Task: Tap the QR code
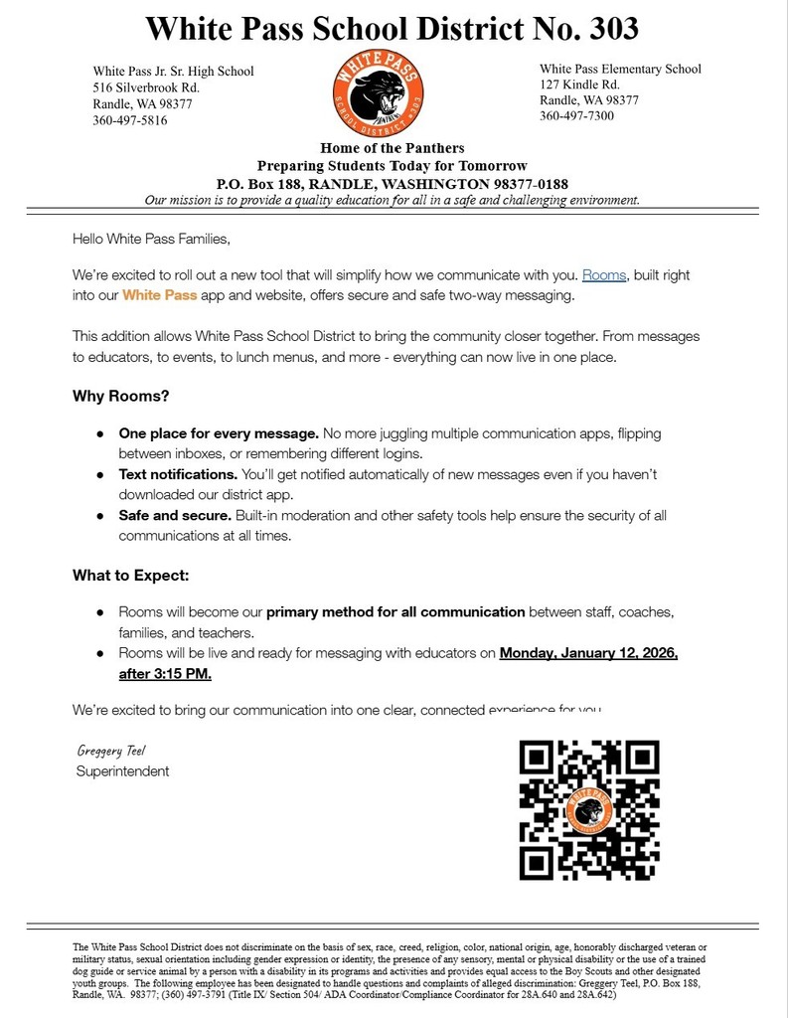tap(589, 809)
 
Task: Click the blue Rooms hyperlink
tap(603, 275)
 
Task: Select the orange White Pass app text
tap(159, 295)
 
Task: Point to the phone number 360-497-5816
tap(130, 120)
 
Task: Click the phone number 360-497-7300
tap(576, 115)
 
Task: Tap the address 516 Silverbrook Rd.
tap(146, 87)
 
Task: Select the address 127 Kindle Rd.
tap(579, 85)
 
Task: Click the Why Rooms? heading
tap(120, 396)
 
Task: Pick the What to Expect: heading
tap(130, 576)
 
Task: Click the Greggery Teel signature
tap(111, 751)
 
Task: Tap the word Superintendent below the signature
tap(122, 771)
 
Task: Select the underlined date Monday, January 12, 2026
tap(588, 653)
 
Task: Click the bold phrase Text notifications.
tap(178, 474)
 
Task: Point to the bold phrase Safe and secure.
tap(175, 515)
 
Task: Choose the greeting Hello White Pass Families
tap(151, 239)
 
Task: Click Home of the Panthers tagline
tap(392, 148)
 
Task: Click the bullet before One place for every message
tap(100, 434)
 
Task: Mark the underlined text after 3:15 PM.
tap(165, 674)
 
